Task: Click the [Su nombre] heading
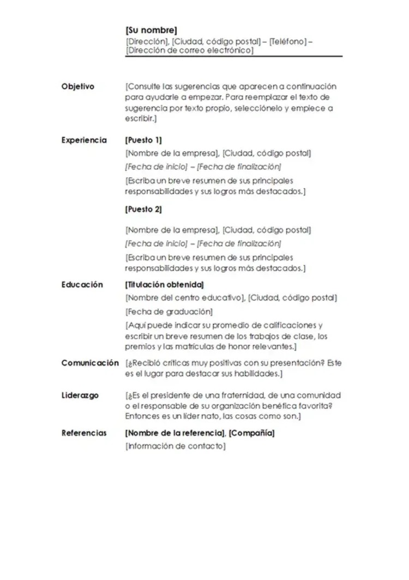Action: click(151, 31)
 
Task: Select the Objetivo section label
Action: click(78, 86)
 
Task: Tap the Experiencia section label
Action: click(84, 140)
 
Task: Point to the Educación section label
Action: click(82, 284)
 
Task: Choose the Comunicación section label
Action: click(90, 363)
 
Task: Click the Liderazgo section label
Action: click(80, 395)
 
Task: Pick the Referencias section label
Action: click(84, 433)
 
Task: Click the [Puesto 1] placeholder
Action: click(143, 140)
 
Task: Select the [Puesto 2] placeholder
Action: click(143, 209)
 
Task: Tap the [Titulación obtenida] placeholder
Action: click(165, 284)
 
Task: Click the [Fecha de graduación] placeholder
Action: click(169, 312)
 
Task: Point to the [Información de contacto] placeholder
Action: click(175, 446)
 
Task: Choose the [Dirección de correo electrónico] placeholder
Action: click(189, 50)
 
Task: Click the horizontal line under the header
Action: click(233, 56)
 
